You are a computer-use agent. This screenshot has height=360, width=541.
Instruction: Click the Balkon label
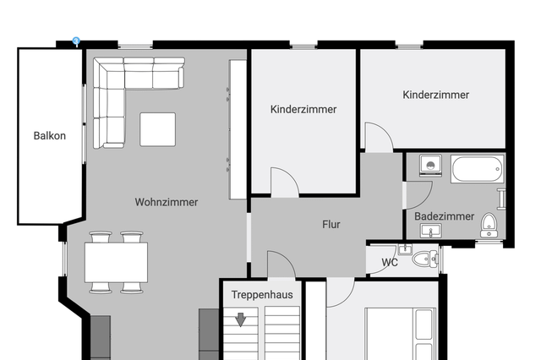49,135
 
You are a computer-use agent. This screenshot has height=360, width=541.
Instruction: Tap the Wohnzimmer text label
167,202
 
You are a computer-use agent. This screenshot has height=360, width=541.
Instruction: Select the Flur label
331,224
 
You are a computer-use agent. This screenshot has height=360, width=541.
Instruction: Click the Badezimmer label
444,216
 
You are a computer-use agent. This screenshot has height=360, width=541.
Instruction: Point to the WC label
390,262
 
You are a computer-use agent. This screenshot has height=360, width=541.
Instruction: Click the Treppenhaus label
262,295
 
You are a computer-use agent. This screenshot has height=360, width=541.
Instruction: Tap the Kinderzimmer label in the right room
435,95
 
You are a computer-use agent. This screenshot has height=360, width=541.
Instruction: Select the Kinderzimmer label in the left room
303,109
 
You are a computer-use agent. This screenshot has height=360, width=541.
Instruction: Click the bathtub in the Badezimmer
478,169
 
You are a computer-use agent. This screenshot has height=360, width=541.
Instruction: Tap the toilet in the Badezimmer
489,225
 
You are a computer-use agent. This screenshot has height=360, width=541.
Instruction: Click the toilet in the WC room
425,259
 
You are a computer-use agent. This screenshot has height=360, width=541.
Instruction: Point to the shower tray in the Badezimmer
430,166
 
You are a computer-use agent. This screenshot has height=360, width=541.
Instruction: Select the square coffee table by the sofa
157,129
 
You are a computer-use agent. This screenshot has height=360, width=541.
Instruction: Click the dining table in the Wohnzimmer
116,262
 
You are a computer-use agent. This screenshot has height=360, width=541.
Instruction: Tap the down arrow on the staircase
241,319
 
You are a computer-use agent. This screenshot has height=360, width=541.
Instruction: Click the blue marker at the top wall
76,41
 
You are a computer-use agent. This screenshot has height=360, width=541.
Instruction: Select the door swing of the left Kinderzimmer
285,183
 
